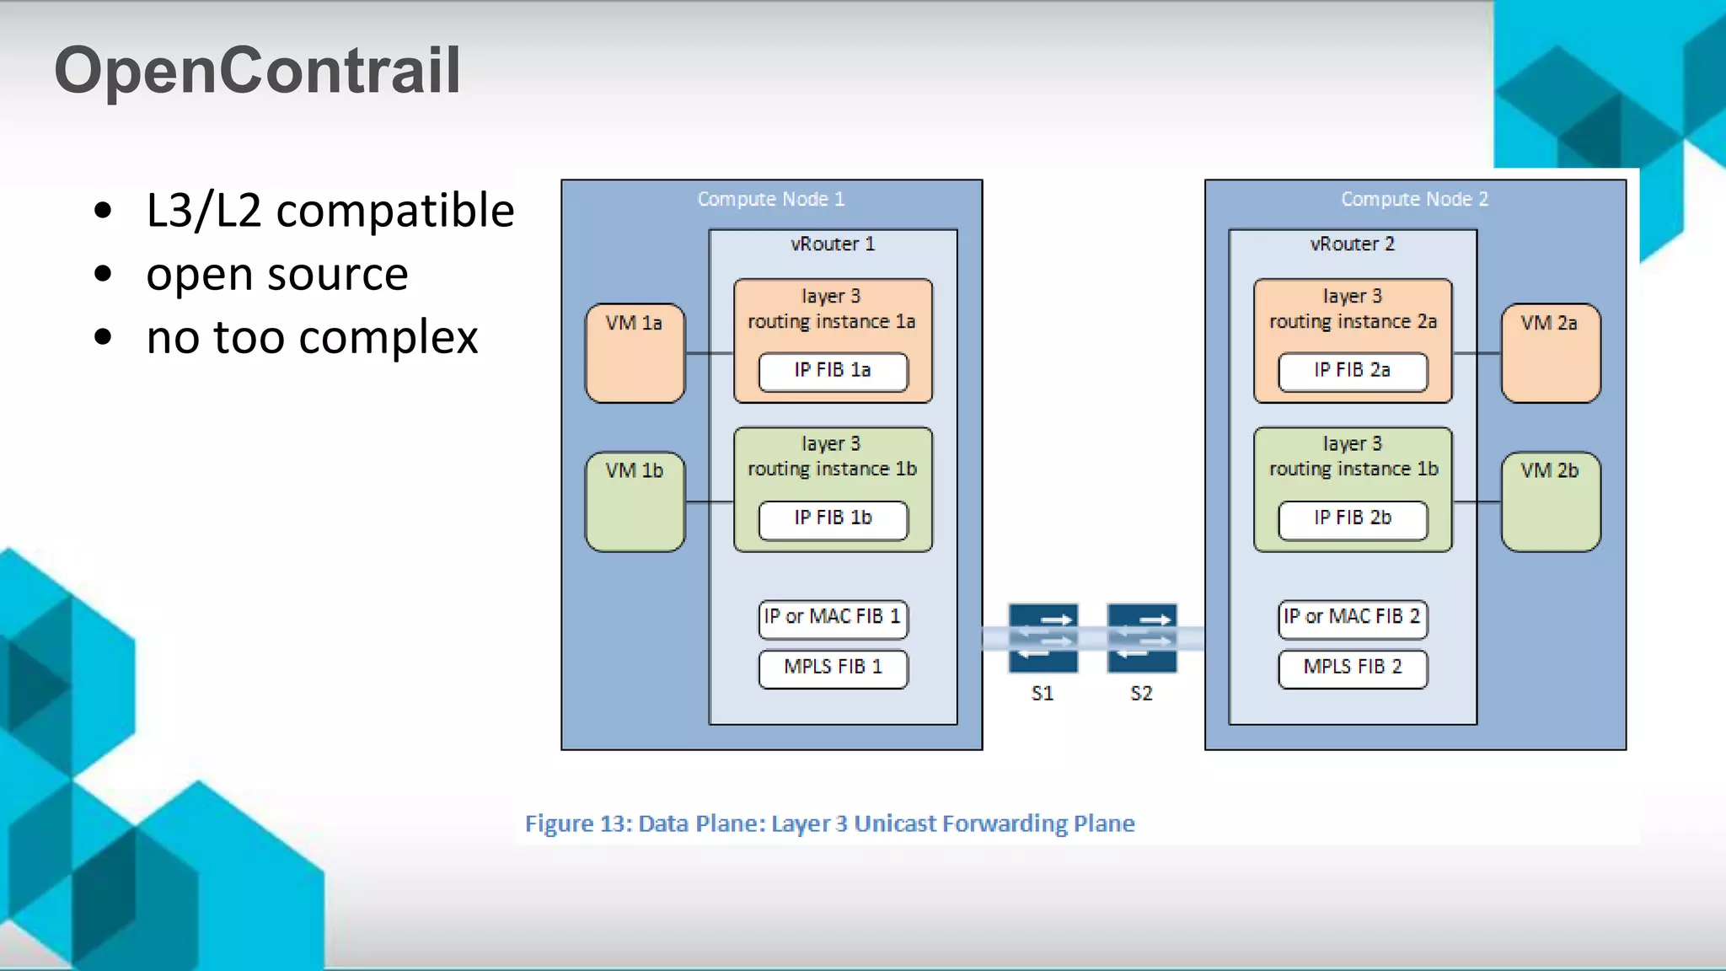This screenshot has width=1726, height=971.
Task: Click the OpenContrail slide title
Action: (x=257, y=71)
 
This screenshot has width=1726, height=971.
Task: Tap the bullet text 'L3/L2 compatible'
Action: (x=330, y=210)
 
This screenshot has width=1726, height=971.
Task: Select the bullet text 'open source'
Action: (x=276, y=274)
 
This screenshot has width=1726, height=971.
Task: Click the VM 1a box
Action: (x=635, y=353)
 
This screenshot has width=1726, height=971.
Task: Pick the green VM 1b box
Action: (x=635, y=502)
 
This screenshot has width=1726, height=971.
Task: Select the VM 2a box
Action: (x=1550, y=353)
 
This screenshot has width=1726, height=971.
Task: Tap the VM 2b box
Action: (x=1550, y=502)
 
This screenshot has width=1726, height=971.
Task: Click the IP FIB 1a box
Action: (x=833, y=371)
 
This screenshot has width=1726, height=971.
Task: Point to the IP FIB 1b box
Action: (x=833, y=518)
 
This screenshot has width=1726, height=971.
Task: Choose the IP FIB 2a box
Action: (x=1352, y=371)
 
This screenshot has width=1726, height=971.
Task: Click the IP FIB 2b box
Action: (x=1352, y=518)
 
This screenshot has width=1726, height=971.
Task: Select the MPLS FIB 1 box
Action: (x=833, y=668)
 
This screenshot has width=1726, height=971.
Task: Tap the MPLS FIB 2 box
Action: (x=1352, y=668)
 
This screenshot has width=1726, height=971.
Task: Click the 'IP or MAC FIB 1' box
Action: (x=833, y=618)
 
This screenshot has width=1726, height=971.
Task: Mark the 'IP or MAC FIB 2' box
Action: (x=1352, y=618)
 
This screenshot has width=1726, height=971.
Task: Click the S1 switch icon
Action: (x=1043, y=638)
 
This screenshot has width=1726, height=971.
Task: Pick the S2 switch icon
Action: (x=1141, y=638)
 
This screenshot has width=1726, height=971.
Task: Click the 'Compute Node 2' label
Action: (x=1414, y=200)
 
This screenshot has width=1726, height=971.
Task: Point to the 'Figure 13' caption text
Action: (x=829, y=823)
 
